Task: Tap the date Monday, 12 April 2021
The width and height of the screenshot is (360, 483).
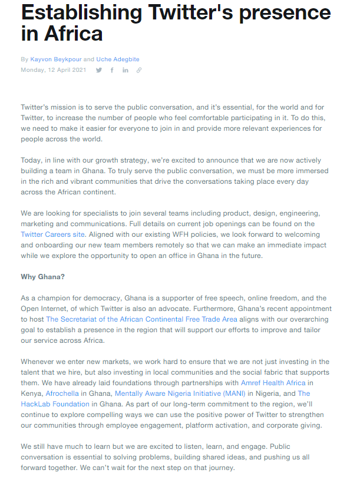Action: point(54,70)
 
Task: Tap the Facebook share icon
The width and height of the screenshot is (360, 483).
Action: point(112,70)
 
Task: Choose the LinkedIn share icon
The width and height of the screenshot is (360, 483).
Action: point(125,70)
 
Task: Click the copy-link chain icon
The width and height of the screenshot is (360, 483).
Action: point(139,70)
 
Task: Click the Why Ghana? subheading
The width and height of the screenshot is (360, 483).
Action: point(43,277)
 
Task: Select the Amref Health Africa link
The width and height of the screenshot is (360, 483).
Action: point(273,383)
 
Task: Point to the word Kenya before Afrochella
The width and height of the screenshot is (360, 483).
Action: point(31,393)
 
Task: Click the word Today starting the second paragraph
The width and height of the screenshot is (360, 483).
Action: point(31,160)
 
